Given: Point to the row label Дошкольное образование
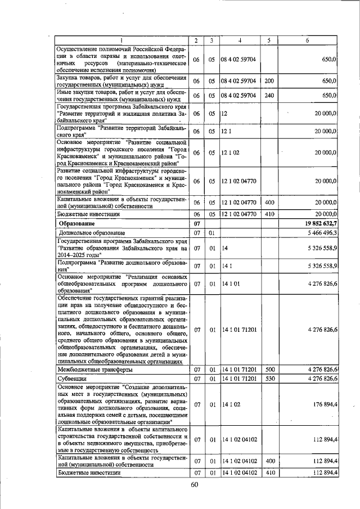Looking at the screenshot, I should coord(92,232).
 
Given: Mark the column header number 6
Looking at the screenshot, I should coord(307,40).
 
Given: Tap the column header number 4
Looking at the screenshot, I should coord(239,40).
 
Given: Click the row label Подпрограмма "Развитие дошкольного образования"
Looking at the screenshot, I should coord(121,265).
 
